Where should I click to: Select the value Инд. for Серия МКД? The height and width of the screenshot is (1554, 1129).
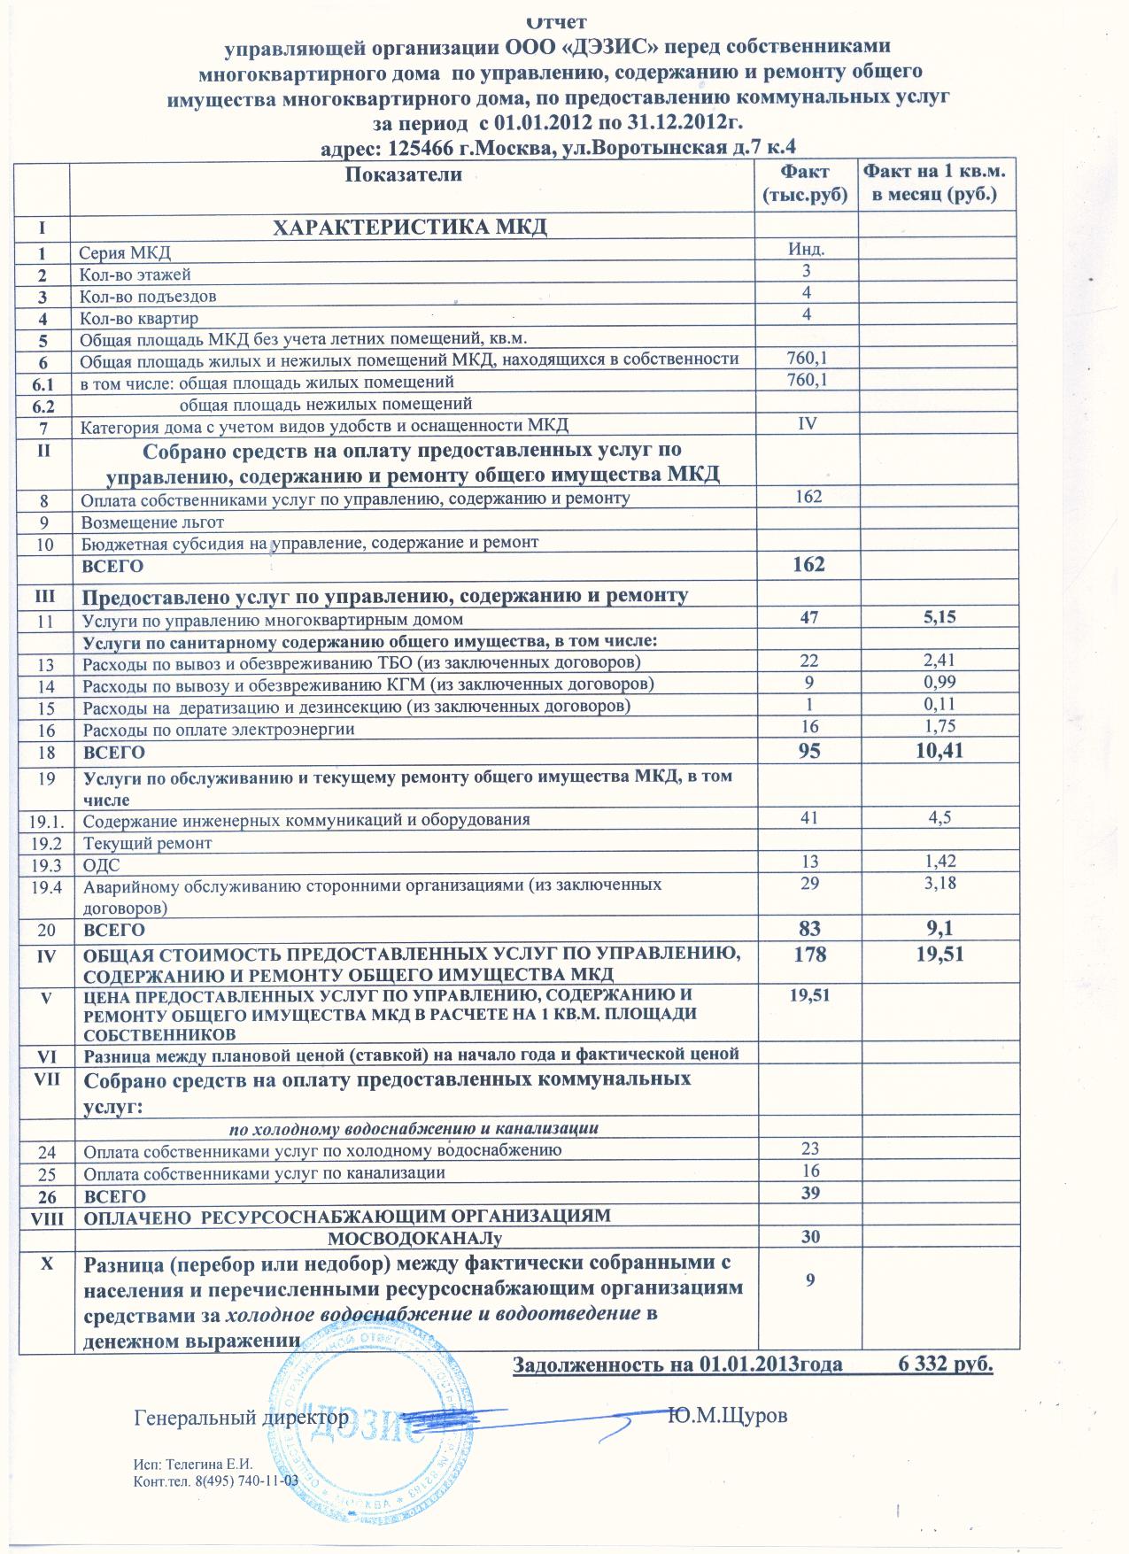coord(807,250)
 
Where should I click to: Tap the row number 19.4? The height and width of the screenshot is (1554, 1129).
coord(44,886)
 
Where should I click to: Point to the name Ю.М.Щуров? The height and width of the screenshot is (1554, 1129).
coord(728,1416)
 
